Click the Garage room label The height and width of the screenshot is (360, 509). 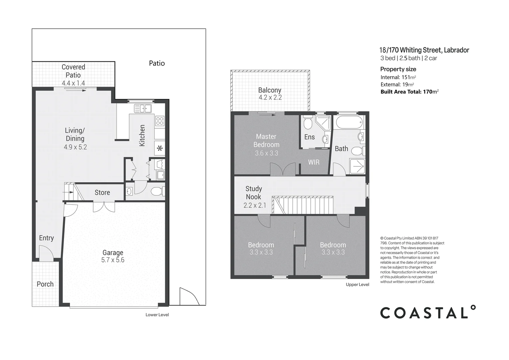click(x=113, y=252)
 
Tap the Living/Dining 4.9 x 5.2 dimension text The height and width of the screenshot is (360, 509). click(x=75, y=147)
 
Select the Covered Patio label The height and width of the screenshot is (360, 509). click(x=73, y=71)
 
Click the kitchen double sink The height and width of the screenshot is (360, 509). click(x=143, y=108)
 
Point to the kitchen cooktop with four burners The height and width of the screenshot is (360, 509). click(x=160, y=121)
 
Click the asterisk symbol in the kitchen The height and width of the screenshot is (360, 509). click(x=160, y=149)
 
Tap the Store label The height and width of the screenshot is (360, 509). click(x=102, y=193)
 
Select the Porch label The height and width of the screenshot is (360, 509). click(x=45, y=284)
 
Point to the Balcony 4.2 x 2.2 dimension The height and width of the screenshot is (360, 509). click(x=270, y=98)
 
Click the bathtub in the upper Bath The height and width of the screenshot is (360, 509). click(x=349, y=122)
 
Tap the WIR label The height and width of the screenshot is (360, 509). click(x=314, y=162)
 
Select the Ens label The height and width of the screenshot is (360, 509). click(x=309, y=137)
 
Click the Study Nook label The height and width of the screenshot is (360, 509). click(x=254, y=193)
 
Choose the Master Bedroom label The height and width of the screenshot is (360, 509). click(x=266, y=141)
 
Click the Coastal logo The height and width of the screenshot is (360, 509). click(x=428, y=312)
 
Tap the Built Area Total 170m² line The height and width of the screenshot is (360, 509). click(x=409, y=92)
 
